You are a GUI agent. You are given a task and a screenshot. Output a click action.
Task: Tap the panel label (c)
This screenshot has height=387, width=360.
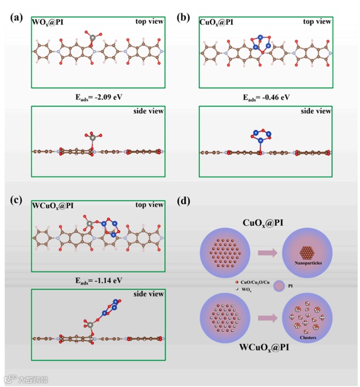[x=17, y=200]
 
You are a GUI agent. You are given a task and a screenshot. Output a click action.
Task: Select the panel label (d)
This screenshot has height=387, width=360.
[x=184, y=200]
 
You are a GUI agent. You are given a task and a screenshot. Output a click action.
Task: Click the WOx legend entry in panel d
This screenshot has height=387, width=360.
[x=246, y=292]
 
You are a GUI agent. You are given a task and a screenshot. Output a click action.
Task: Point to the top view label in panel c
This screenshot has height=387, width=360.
[x=148, y=204]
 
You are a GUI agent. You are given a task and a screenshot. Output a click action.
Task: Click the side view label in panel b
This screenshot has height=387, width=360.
[x=316, y=111]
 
